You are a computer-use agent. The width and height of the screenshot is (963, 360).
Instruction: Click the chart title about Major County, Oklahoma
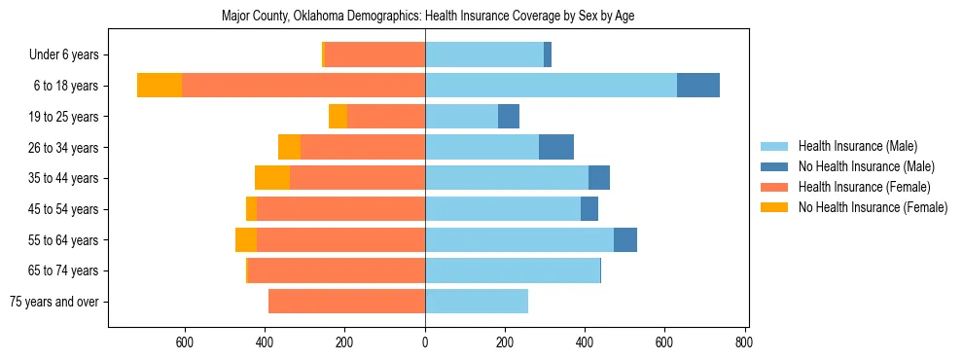pyautogui.click(x=427, y=17)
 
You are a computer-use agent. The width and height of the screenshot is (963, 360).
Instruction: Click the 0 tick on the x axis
pyautogui.click(x=425, y=342)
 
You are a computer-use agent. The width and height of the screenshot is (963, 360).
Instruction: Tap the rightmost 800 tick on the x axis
pyautogui.click(x=744, y=342)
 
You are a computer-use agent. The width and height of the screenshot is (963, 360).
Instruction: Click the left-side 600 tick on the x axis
pyautogui.click(x=186, y=342)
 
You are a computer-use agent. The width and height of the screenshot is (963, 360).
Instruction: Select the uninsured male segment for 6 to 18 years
pyautogui.click(x=698, y=86)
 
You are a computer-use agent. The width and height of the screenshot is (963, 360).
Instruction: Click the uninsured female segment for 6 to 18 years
pyautogui.click(x=160, y=86)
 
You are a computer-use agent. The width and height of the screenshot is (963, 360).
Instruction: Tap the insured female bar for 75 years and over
pyautogui.click(x=346, y=302)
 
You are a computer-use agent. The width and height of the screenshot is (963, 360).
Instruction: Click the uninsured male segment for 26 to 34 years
pyautogui.click(x=556, y=147)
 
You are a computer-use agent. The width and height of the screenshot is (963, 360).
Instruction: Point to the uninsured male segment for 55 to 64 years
pyautogui.click(x=625, y=239)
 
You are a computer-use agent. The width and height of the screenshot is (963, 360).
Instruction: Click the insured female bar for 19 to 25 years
pyautogui.click(x=386, y=117)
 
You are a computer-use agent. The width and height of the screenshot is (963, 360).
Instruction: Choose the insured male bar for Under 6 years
pyautogui.click(x=484, y=55)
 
